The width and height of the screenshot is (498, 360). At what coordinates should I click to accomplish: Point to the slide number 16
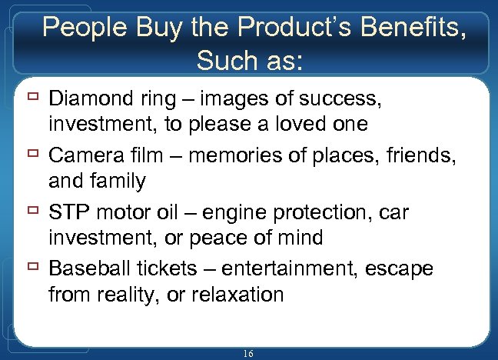247,352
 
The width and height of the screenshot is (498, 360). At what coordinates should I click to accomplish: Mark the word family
118,182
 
